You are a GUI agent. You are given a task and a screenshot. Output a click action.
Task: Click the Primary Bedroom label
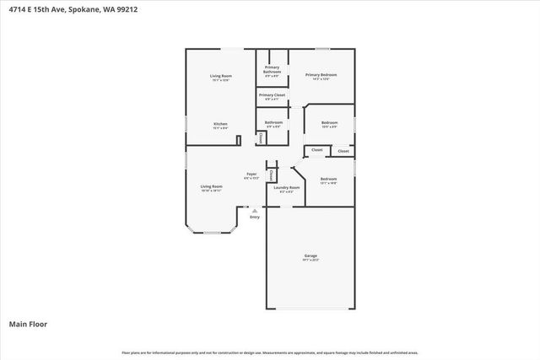point(321,75)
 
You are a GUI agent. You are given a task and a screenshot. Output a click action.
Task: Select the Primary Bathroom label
point(272,70)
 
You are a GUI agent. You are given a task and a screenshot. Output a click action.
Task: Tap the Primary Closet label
point(272,95)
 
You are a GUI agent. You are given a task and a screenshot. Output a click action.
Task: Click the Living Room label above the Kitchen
point(220,76)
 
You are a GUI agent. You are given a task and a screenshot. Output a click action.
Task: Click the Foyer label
point(251,175)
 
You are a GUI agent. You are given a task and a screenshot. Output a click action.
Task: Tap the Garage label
point(311,256)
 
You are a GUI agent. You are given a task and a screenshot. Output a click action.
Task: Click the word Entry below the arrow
point(255,217)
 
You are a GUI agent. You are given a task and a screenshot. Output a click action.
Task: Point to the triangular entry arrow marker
point(255,209)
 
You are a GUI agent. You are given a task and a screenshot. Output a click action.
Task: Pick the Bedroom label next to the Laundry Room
point(328,179)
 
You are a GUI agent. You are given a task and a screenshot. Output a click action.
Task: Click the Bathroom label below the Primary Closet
point(273,122)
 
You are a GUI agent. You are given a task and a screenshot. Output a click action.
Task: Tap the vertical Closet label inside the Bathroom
point(261,138)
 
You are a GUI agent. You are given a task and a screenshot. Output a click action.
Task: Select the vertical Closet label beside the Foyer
point(271,175)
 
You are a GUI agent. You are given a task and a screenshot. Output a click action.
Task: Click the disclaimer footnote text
point(270,352)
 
